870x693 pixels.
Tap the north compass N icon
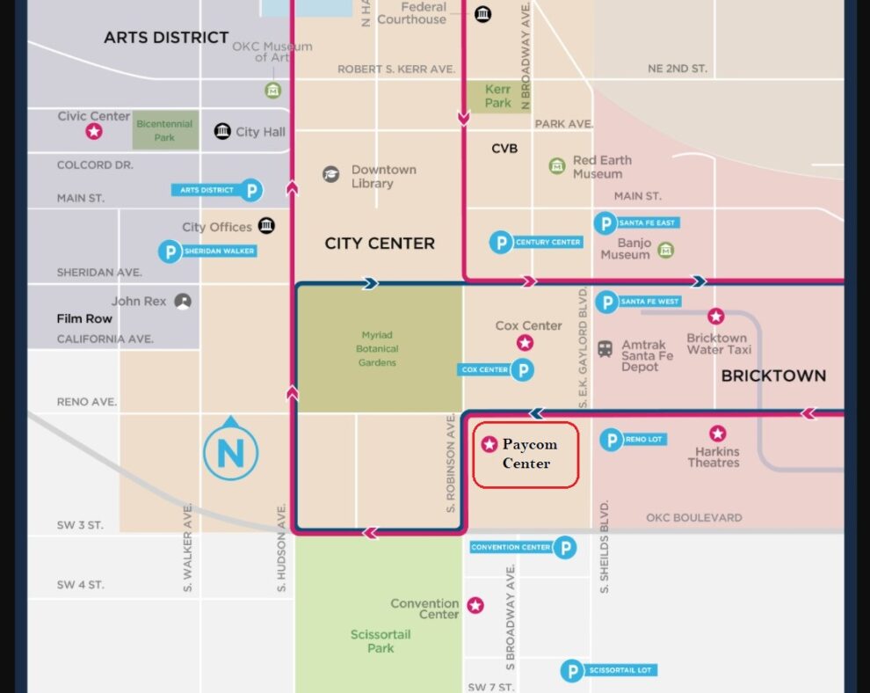click(x=230, y=453)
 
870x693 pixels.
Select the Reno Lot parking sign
click(x=631, y=440)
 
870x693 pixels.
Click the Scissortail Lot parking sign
click(x=608, y=671)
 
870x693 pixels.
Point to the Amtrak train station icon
click(x=605, y=348)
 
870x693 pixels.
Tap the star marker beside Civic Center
click(x=93, y=132)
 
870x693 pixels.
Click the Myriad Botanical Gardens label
click(x=378, y=348)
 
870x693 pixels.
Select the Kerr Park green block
click(x=497, y=96)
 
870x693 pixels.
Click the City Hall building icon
click(x=222, y=132)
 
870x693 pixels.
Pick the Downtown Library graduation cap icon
click(x=330, y=174)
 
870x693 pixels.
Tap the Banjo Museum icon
click(x=666, y=251)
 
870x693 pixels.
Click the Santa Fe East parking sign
click(x=636, y=223)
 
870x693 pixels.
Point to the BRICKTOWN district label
click(x=773, y=376)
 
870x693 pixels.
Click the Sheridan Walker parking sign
click(x=207, y=252)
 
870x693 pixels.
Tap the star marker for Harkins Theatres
click(x=718, y=434)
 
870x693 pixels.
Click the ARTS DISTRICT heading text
click(x=166, y=38)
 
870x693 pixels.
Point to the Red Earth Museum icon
click(x=556, y=166)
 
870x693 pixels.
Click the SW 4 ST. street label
click(x=80, y=585)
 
